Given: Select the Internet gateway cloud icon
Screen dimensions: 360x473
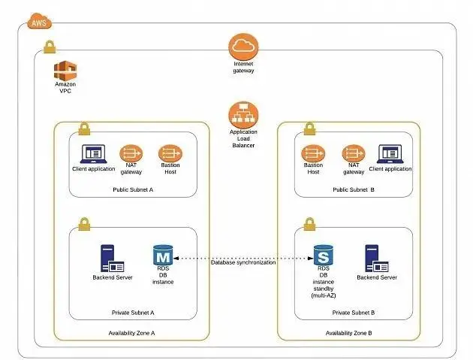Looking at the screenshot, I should pos(243,47).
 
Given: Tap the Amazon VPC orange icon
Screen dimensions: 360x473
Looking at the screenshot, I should pos(65,72).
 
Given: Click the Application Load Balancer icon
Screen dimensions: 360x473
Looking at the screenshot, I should pos(243,115).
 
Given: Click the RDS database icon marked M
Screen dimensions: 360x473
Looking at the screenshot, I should pos(163,256).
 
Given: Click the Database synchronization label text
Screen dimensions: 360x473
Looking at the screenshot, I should pos(243,262).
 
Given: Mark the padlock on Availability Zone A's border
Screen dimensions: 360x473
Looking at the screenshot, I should pos(84,128).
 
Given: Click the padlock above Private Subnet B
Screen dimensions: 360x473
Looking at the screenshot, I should pos(309,224).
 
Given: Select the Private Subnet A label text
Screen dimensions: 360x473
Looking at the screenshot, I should pos(133,312).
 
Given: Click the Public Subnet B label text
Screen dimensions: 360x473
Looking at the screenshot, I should pos(354,189).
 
